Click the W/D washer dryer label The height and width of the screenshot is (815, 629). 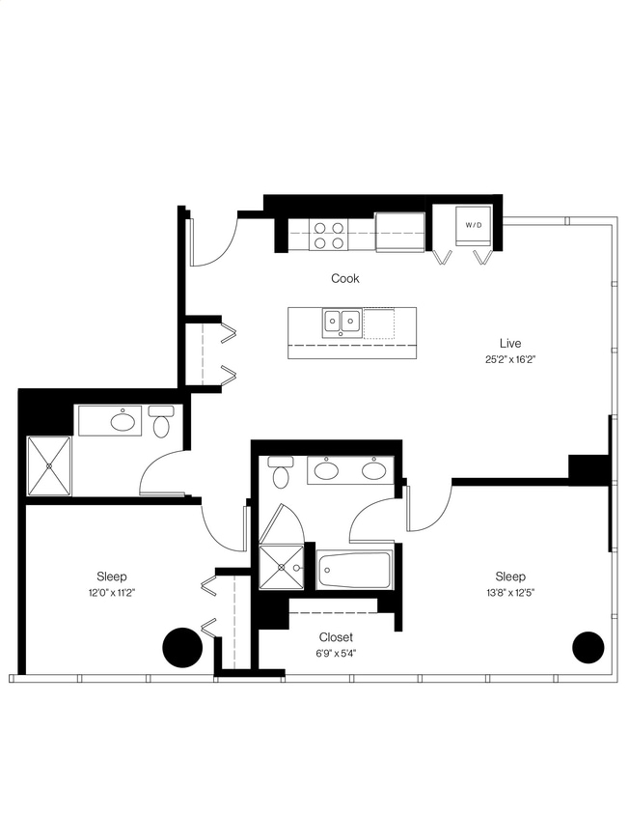[473, 225]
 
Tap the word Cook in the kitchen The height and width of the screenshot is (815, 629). [345, 278]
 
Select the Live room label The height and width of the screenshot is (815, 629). [510, 343]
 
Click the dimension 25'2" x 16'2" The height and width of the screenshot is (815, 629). [510, 359]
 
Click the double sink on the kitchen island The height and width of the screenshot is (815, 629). [342, 320]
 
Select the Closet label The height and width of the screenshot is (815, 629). [336, 637]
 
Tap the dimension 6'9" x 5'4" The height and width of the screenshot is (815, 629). [336, 654]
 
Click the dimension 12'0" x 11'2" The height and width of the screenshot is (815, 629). [112, 593]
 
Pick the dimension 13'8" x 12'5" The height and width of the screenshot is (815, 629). [510, 593]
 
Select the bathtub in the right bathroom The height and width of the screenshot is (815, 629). [354, 570]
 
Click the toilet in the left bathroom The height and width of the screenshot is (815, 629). [161, 423]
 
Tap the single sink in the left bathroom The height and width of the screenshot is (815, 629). [123, 421]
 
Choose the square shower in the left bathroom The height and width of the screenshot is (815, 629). [49, 465]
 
